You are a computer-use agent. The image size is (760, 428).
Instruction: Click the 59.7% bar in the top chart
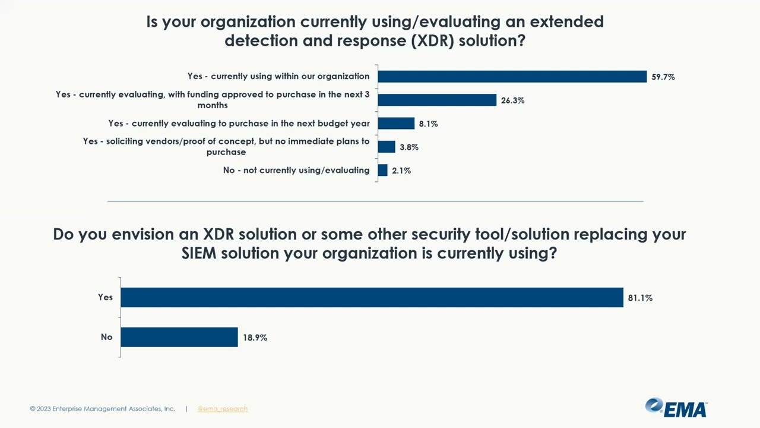click(x=512, y=77)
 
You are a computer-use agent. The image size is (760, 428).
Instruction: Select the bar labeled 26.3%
click(x=437, y=100)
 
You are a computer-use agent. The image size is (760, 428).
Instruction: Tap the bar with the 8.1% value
click(x=396, y=124)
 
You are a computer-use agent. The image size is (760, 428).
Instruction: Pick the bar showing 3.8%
click(x=387, y=147)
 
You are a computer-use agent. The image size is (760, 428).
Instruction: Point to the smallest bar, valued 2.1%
click(x=382, y=170)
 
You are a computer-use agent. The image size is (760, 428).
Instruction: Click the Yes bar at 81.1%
click(x=372, y=297)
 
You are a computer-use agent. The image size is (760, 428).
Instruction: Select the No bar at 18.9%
click(x=179, y=337)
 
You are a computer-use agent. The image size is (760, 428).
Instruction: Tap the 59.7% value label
click(x=663, y=77)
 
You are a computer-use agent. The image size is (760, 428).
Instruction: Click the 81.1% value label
click(x=640, y=298)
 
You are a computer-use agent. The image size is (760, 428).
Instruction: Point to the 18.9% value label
click(x=255, y=338)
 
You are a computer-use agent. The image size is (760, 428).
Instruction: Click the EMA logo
click(x=676, y=408)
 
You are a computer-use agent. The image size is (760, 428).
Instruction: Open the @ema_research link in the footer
click(x=223, y=409)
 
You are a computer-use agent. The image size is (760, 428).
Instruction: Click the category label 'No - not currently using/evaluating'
click(x=296, y=171)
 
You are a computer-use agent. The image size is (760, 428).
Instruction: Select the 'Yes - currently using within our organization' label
click(x=278, y=77)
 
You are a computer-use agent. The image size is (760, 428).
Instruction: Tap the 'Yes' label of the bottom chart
click(x=105, y=297)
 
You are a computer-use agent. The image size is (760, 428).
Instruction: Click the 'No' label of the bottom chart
click(x=106, y=337)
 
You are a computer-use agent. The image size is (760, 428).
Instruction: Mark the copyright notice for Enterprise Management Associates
click(x=103, y=409)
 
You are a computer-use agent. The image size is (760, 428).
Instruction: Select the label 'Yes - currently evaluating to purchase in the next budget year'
click(x=239, y=124)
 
